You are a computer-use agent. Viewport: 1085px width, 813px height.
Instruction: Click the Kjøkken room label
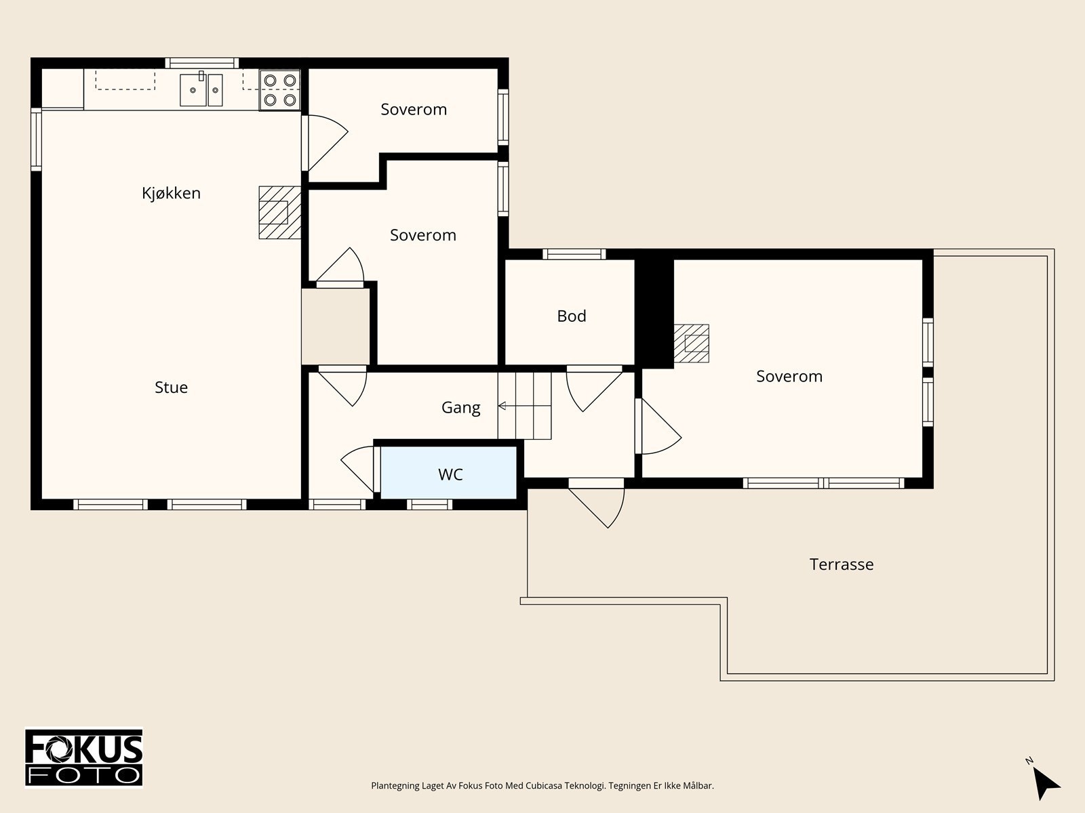[171, 193]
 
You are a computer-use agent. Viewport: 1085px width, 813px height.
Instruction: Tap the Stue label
[171, 388]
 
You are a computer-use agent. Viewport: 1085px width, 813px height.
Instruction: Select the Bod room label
[572, 316]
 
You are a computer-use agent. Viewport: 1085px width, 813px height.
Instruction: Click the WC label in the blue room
[450, 474]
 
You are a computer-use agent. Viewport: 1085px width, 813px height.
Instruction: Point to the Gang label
[460, 408]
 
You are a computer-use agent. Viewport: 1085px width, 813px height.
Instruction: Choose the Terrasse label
[842, 564]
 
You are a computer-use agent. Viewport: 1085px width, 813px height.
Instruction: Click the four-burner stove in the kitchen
[280, 90]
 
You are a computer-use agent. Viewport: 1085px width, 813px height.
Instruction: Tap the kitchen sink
[201, 89]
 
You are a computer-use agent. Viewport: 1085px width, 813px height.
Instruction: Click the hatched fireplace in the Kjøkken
[280, 213]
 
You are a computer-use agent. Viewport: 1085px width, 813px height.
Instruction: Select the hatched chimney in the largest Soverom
[691, 343]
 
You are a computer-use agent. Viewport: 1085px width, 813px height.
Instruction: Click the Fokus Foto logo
[84, 757]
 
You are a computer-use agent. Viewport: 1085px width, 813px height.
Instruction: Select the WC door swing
[358, 468]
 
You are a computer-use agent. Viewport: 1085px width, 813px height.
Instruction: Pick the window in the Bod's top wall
[574, 254]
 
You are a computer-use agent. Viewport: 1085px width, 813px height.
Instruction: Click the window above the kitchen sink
[201, 63]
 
